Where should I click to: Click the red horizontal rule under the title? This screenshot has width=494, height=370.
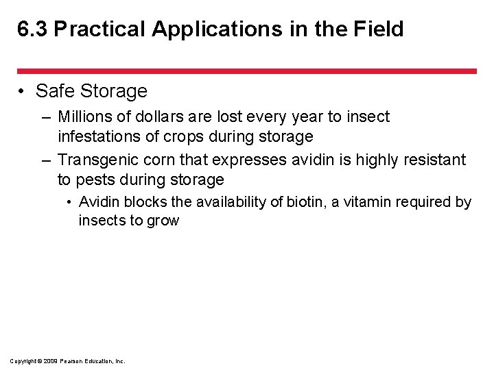[246, 71]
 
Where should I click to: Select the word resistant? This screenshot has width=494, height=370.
[434, 160]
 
